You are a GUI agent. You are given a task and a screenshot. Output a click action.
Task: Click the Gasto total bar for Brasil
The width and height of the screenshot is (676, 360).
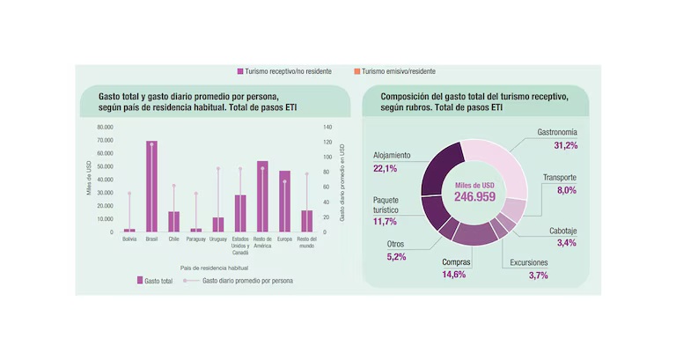click(x=151, y=187)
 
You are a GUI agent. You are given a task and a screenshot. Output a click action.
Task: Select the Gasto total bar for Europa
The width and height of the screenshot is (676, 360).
click(x=284, y=202)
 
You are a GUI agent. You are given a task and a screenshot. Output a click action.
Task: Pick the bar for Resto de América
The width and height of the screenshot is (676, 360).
click(x=262, y=196)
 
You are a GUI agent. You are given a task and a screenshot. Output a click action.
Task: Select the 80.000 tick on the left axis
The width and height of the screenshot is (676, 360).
click(x=106, y=127)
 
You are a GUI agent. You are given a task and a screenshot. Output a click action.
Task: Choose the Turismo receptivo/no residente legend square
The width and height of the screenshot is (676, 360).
click(x=239, y=71)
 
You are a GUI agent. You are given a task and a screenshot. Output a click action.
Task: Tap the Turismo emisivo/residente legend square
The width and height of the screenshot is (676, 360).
click(x=356, y=71)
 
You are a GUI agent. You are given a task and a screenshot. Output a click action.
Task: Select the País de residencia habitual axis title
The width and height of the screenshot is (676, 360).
click(x=215, y=265)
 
